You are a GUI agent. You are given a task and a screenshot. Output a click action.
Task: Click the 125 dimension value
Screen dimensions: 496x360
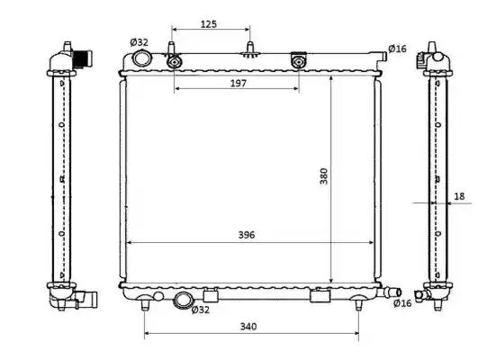(209, 24)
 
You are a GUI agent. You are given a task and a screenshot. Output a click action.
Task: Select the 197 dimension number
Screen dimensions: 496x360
(239, 83)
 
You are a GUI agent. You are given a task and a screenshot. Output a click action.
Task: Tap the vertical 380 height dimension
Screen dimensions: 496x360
(323, 176)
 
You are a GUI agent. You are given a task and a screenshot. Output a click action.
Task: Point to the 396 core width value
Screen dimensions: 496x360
(247, 235)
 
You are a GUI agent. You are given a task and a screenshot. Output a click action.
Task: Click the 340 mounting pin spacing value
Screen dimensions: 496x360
(248, 326)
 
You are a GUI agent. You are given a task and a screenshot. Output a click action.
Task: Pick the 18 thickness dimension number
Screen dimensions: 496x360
(459, 196)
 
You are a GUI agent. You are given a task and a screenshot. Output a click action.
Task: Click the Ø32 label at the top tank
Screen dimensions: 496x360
(139, 42)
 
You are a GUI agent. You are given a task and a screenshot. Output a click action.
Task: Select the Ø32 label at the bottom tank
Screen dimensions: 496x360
(201, 310)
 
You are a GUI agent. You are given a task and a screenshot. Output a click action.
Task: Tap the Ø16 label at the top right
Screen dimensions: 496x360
(397, 49)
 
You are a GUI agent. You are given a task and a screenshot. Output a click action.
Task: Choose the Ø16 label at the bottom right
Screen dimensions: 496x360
(402, 303)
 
